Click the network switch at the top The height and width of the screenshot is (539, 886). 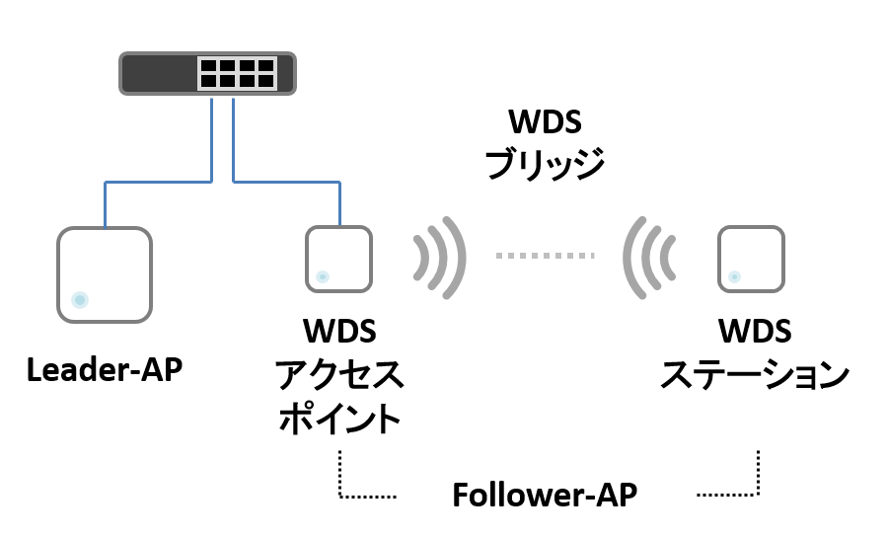point(207,73)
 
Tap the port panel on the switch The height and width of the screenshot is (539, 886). point(238,73)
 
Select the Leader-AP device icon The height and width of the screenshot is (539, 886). point(105,274)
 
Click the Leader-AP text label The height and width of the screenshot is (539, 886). point(105,370)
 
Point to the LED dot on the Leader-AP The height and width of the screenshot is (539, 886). point(80,300)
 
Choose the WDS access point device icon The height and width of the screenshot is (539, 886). point(339,259)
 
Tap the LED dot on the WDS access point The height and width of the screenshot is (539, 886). point(323,276)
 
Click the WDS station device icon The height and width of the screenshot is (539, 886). point(752,259)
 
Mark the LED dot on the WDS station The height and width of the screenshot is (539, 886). point(735,276)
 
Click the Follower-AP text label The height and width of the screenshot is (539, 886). point(545,495)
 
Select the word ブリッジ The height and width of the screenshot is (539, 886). point(545,164)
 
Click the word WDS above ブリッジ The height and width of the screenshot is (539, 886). point(545,121)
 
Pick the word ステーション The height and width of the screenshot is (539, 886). point(755,374)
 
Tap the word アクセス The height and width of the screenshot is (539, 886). point(339,374)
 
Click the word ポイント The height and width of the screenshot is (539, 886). point(339,419)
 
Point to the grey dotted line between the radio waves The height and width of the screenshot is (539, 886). point(546,256)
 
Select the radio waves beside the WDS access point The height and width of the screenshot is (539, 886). point(440,258)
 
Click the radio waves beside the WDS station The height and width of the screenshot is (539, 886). point(649,258)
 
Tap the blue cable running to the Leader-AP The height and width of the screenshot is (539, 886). point(159,182)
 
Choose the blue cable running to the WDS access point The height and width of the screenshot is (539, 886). point(286,182)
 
